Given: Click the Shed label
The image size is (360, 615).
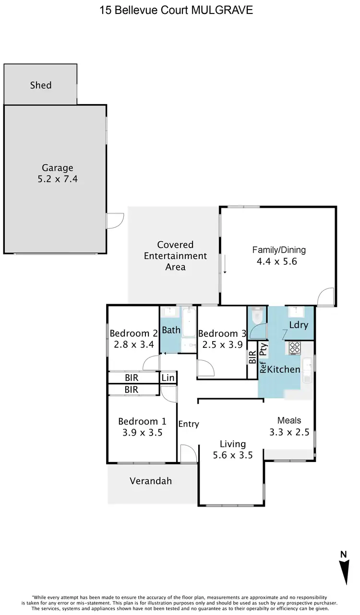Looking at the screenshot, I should (40, 85).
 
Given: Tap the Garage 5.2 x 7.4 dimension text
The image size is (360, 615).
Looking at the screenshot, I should (57, 180).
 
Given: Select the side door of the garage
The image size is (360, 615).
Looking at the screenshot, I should (114, 221).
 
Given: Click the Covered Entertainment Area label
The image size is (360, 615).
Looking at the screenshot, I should (175, 256).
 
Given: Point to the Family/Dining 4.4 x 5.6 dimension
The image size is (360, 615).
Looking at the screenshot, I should (279, 261).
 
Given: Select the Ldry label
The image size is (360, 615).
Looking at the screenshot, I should (299, 325).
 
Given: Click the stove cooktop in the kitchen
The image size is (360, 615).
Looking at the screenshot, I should (295, 347).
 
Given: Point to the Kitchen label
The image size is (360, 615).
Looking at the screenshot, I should (283, 369).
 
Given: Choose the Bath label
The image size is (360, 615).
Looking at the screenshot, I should (170, 330).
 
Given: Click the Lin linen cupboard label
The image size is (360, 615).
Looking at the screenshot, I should (168, 378).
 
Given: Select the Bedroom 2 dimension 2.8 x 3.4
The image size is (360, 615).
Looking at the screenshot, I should (133, 344).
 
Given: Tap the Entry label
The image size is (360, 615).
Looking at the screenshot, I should (189, 424).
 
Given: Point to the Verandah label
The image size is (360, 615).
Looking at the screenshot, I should (150, 481).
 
